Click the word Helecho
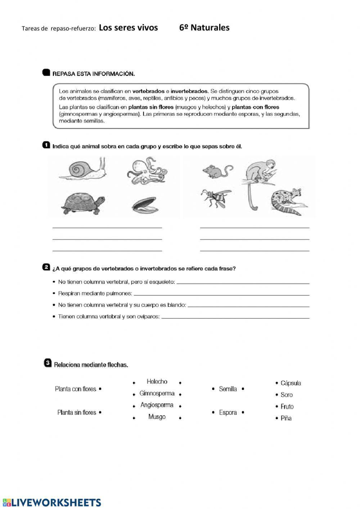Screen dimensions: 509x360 pyautogui.click(x=157, y=381)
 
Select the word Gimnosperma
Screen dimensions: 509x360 pyautogui.click(x=157, y=393)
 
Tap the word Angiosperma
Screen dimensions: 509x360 pyautogui.click(x=157, y=405)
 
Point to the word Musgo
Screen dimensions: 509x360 pyautogui.click(x=157, y=417)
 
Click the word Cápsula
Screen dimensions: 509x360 pyautogui.click(x=291, y=383)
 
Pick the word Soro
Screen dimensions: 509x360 pyautogui.click(x=287, y=395)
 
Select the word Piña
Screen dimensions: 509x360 pyautogui.click(x=286, y=418)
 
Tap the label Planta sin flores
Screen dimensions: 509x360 pyautogui.click(x=77, y=412)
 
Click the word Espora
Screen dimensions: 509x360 pyautogui.click(x=228, y=412)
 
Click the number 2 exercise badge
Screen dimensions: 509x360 pyautogui.click(x=46, y=267)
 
